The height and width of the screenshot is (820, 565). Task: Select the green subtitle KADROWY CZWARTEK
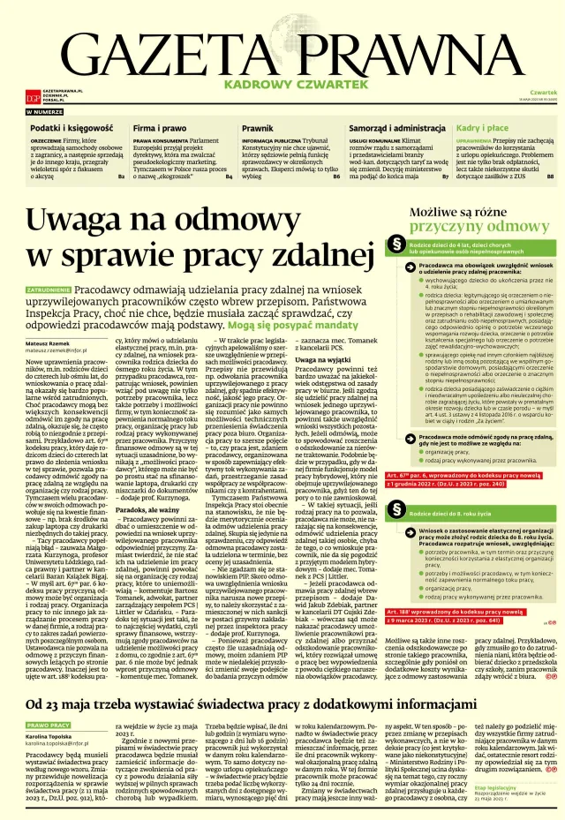point(282,86)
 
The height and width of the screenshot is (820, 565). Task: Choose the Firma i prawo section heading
point(160,128)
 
